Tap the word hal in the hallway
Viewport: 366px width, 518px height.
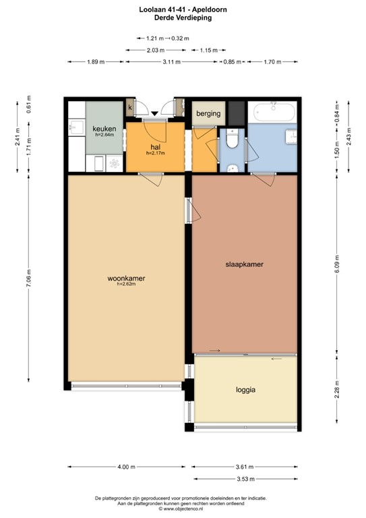coord(155,146)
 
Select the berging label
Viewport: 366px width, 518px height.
coord(208,113)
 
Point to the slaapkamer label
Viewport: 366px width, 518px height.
coord(243,265)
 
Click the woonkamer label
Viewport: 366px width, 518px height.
coord(127,278)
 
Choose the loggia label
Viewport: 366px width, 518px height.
coord(246,389)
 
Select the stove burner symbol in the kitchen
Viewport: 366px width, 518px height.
coord(113,163)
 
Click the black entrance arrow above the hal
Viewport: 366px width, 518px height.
coord(155,113)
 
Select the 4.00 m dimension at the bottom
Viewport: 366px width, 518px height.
coord(125,467)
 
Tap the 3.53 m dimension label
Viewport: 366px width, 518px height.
coord(245,479)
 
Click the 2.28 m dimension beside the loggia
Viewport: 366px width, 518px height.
coord(336,391)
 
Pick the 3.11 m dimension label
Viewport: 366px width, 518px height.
coord(173,62)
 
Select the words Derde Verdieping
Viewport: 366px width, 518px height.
coord(183,18)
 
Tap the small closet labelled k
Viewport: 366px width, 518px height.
coord(130,108)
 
